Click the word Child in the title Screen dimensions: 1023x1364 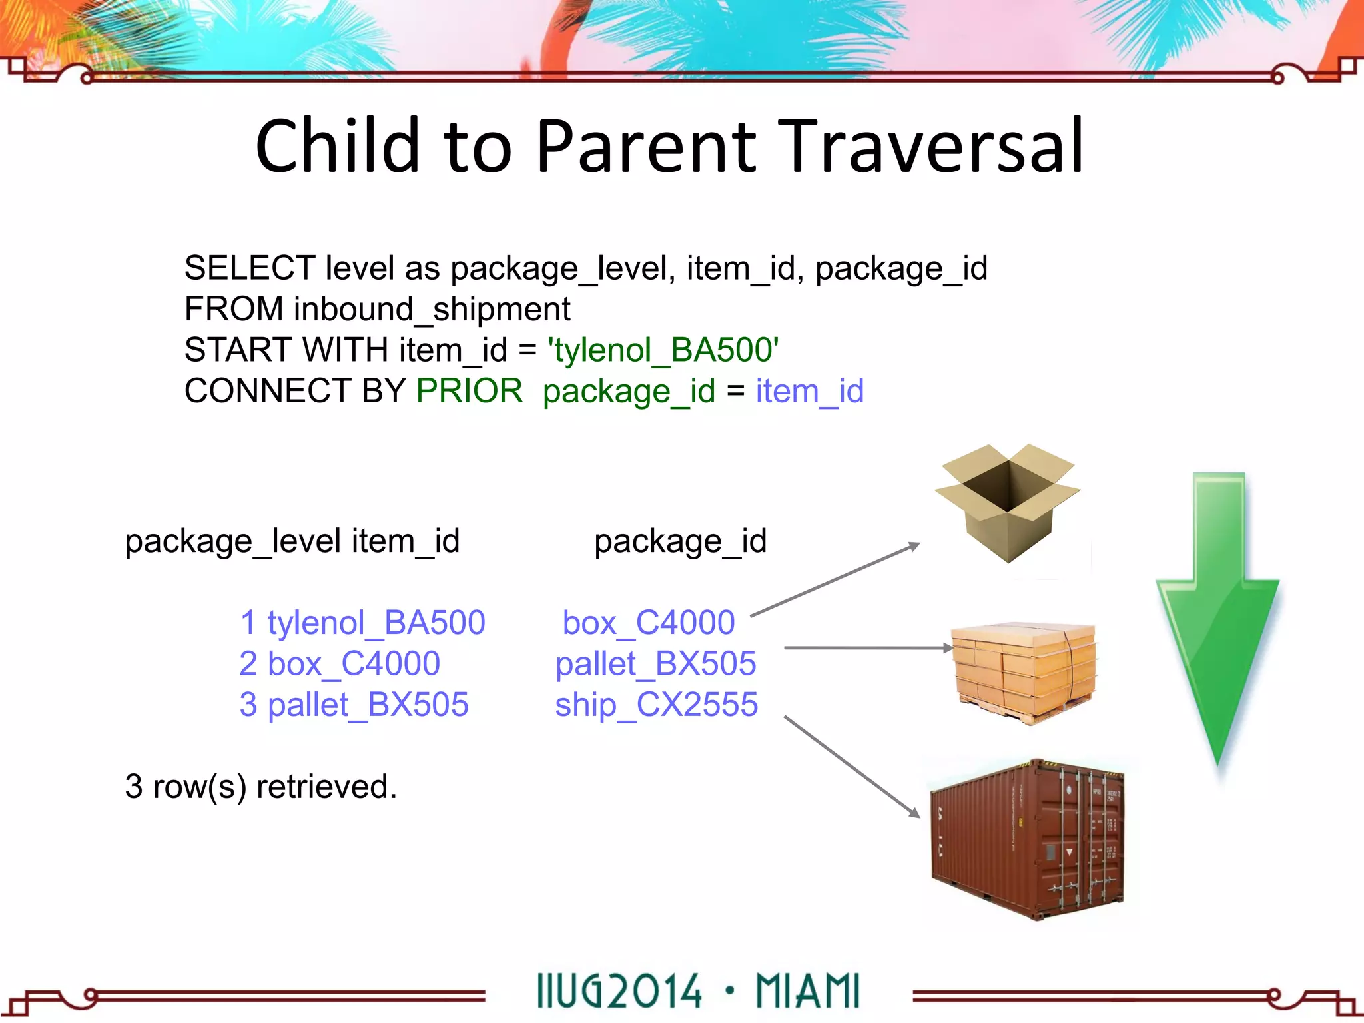[x=338, y=147]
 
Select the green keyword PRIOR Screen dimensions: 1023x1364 [x=470, y=391]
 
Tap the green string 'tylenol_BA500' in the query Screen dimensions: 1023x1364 [x=663, y=350]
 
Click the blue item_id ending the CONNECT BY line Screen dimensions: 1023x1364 [x=809, y=391]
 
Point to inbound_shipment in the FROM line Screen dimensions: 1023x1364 [x=432, y=310]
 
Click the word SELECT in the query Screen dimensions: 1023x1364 [x=250, y=268]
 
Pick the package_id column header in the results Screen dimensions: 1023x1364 [x=680, y=541]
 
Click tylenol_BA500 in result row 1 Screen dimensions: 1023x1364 [x=376, y=623]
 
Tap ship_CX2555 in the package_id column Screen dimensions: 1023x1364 [x=657, y=705]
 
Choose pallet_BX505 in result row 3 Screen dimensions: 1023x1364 [x=368, y=705]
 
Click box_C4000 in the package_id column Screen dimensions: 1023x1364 [x=649, y=623]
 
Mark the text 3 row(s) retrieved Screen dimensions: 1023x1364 [x=260, y=787]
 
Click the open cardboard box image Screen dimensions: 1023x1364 [x=1007, y=503]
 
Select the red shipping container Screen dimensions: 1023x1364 [x=1026, y=839]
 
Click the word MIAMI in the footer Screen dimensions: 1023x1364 [x=807, y=991]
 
